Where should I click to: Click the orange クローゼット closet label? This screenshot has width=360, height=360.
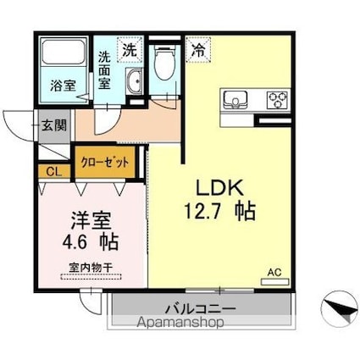tap(105, 160)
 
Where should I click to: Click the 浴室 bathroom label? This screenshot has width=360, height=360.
tap(62, 86)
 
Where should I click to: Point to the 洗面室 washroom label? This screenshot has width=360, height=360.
tap(103, 70)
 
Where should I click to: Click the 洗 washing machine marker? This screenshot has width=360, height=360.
tap(130, 50)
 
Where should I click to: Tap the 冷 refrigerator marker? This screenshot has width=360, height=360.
tap(197, 50)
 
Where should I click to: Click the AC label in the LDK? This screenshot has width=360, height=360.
tap(274, 271)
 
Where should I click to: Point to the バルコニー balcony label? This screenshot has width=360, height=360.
tap(199, 307)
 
